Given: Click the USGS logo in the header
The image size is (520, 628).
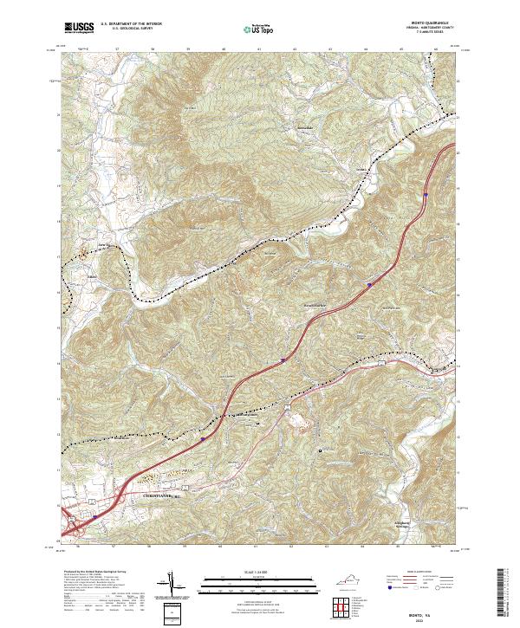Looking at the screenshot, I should (x=79, y=29).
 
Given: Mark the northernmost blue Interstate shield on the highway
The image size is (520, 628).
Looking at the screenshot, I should (x=426, y=195).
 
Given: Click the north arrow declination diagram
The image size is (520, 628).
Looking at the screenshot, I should (x=172, y=582).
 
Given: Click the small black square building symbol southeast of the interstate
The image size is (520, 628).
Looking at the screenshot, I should (x=322, y=450).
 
